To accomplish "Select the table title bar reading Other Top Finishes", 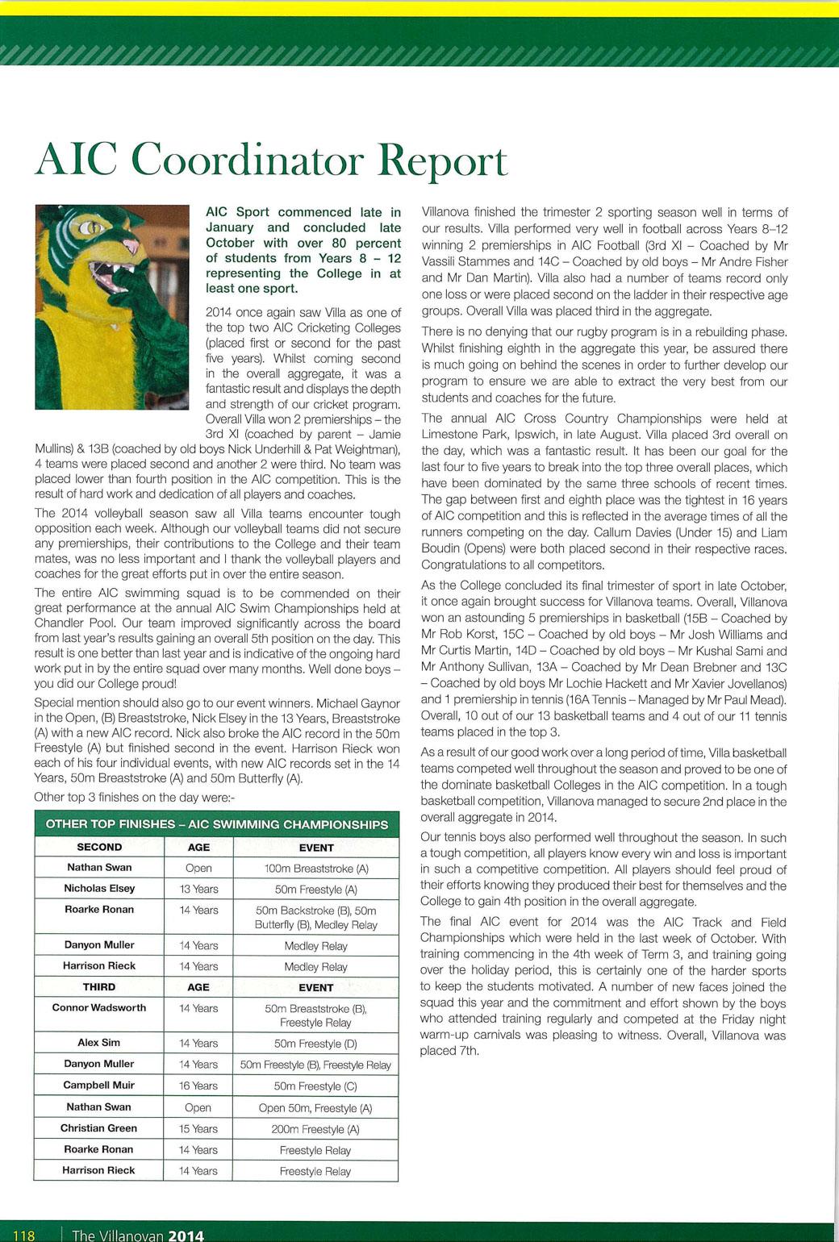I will (x=216, y=824).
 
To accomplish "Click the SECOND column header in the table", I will (x=99, y=847).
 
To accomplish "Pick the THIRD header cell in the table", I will (x=99, y=987).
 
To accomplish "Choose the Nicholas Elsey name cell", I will (x=99, y=889).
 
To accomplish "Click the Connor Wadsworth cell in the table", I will (x=99, y=1008).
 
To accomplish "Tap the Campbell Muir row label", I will (x=99, y=1086).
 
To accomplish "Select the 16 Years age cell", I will (x=198, y=1086).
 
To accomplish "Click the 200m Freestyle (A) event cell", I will (x=315, y=1129).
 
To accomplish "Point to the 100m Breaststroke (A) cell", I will (x=316, y=869).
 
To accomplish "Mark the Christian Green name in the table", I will (x=99, y=1128).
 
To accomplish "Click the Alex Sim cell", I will (x=99, y=1043).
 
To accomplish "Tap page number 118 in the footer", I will (x=24, y=1235).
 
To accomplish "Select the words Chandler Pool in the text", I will (x=72, y=623).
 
